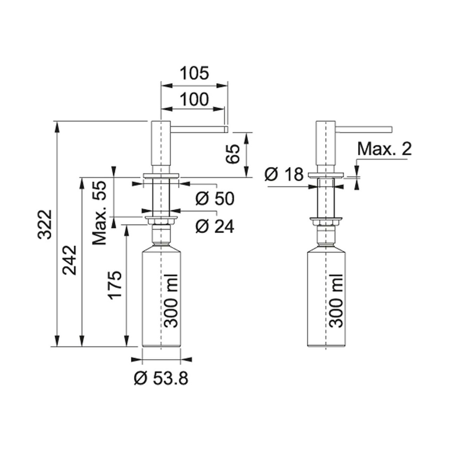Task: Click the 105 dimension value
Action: coord(195,73)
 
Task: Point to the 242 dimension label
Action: coord(70,260)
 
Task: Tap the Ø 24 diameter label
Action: coord(215,226)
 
